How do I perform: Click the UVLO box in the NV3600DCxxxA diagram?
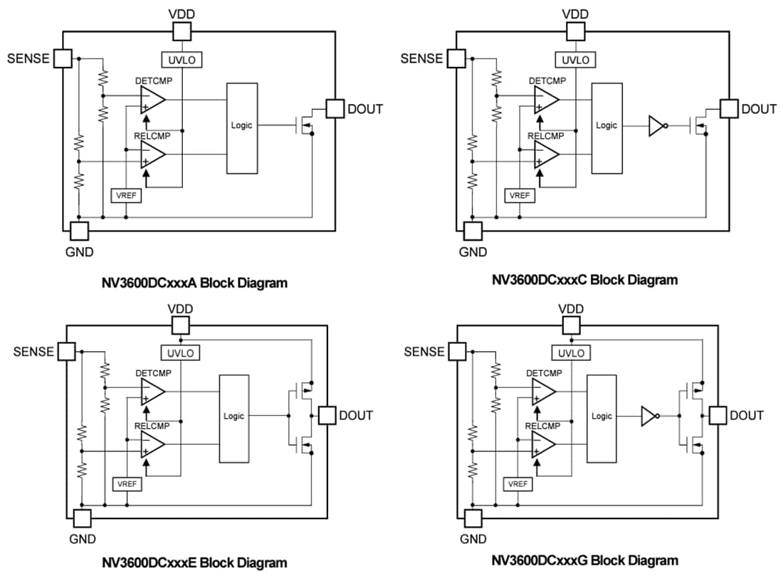pos(182,60)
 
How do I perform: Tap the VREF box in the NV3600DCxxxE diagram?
pos(127,484)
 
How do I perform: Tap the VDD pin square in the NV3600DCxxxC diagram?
pos(575,31)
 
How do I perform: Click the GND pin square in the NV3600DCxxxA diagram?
pos(79,230)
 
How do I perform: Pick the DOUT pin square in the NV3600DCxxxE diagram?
pos(327,415)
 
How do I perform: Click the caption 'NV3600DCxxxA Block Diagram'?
pos(194,283)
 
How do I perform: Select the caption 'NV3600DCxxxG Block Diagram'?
pos(584,560)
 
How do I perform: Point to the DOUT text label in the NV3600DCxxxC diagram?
pos(759,109)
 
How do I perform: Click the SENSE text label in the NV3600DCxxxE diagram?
pos(33,351)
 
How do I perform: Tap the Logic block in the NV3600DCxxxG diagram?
pos(601,417)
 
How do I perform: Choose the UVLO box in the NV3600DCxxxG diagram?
pos(570,353)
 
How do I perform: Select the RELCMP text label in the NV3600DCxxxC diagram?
pos(546,135)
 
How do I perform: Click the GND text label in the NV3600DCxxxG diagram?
pos(473,539)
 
